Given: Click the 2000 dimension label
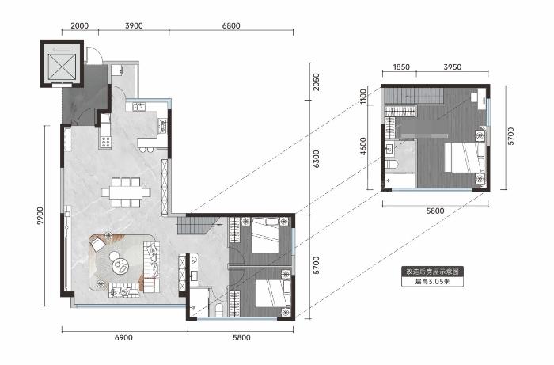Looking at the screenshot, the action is tap(79, 25).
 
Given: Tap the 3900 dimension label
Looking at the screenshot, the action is tap(134, 25).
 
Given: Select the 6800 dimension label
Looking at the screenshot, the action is tap(231, 25).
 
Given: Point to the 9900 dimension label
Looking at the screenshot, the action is tap(40, 216).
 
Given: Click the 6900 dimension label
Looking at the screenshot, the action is tap(123, 337).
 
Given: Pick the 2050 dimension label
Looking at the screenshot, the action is tap(317, 82).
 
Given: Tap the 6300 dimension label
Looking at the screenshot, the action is tap(317, 158).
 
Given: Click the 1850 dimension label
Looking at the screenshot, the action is tap(401, 67).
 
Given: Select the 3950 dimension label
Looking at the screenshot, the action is tap(452, 67).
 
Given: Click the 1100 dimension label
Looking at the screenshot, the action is tap(362, 96).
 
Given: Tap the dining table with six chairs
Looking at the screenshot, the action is tap(126, 192).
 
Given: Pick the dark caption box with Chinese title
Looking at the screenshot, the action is tap(432, 272).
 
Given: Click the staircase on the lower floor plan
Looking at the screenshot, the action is tap(195, 226).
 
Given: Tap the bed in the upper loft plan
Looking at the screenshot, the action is tap(464, 158).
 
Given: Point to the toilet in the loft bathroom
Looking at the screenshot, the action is tap(392, 164).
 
